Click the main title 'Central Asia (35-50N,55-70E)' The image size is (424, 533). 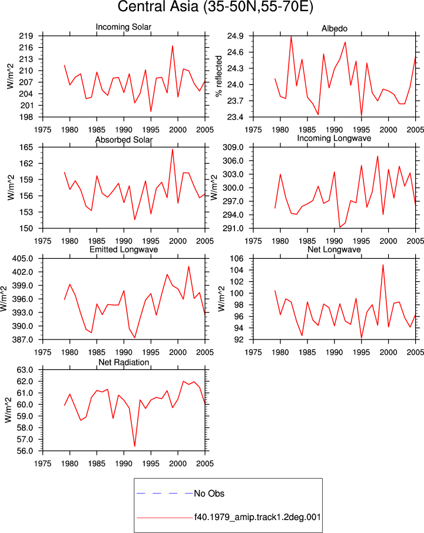tap(215, 6)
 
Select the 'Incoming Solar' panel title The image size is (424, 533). tap(124, 27)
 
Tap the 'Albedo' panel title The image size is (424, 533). tap(334, 29)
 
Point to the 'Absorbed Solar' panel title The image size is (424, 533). tap(124, 139)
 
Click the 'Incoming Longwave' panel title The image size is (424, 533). tap(334, 138)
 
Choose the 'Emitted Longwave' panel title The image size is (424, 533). tap(124, 249)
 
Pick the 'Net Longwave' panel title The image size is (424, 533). tap(334, 249)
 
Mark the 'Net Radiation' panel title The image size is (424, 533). tap(124, 362)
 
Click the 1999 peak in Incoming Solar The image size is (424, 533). tap(173, 46)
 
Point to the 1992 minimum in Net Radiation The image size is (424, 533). tap(135, 446)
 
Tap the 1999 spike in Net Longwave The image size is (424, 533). tap(383, 265)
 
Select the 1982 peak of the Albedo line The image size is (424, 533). tap(291, 36)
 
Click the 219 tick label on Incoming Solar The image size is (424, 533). tap(26, 36)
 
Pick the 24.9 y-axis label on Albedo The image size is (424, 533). tap(236, 36)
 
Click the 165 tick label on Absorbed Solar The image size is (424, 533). tap(26, 148)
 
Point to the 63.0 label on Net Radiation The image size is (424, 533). tap(25, 370)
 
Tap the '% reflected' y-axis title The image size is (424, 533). tap(219, 76)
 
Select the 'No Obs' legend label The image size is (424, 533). tap(209, 494)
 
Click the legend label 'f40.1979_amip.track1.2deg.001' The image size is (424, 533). tap(257, 517)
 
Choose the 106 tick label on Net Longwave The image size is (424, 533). tap(237, 259)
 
